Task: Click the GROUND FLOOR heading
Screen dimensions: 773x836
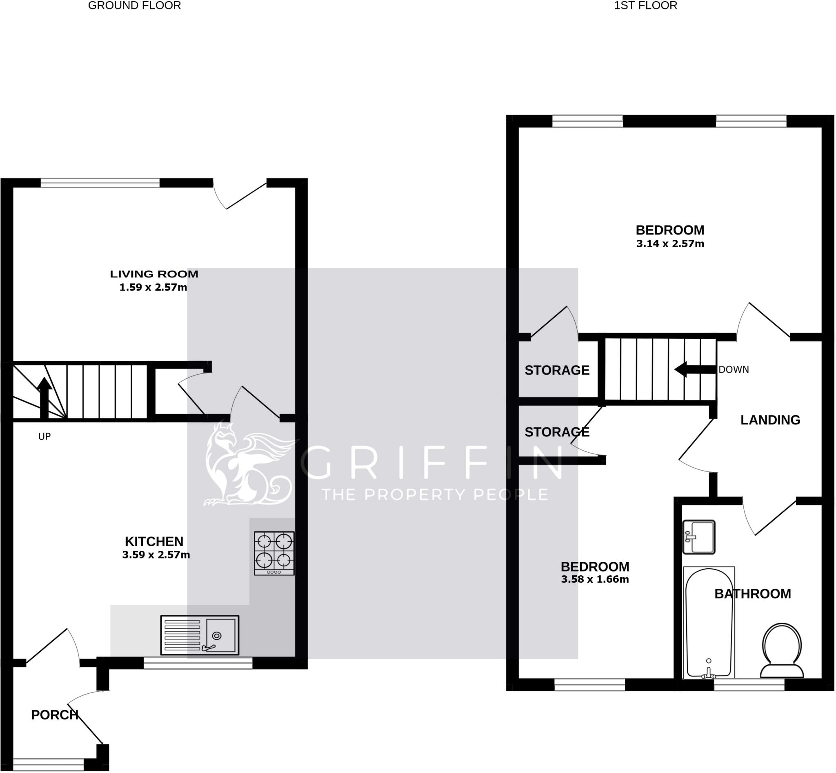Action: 134,6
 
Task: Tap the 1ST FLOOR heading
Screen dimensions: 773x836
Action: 645,6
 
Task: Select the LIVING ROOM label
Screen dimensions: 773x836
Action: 154,275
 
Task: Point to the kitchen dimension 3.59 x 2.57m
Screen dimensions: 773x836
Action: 156,555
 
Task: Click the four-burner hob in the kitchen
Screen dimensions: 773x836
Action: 274,553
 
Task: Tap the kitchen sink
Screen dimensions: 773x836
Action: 200,635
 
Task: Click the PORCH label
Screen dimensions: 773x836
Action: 55,715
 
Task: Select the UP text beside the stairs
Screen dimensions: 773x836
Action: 44,437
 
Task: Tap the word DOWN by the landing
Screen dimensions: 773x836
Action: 734,370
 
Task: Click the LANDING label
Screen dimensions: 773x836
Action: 770,420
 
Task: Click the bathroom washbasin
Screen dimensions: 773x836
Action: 699,537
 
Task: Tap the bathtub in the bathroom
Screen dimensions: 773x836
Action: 709,623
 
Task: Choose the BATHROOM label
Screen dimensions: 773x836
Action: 752,594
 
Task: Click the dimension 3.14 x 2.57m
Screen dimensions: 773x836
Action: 670,244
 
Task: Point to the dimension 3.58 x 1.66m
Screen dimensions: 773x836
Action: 595,579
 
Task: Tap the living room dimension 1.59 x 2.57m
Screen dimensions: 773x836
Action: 153,287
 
